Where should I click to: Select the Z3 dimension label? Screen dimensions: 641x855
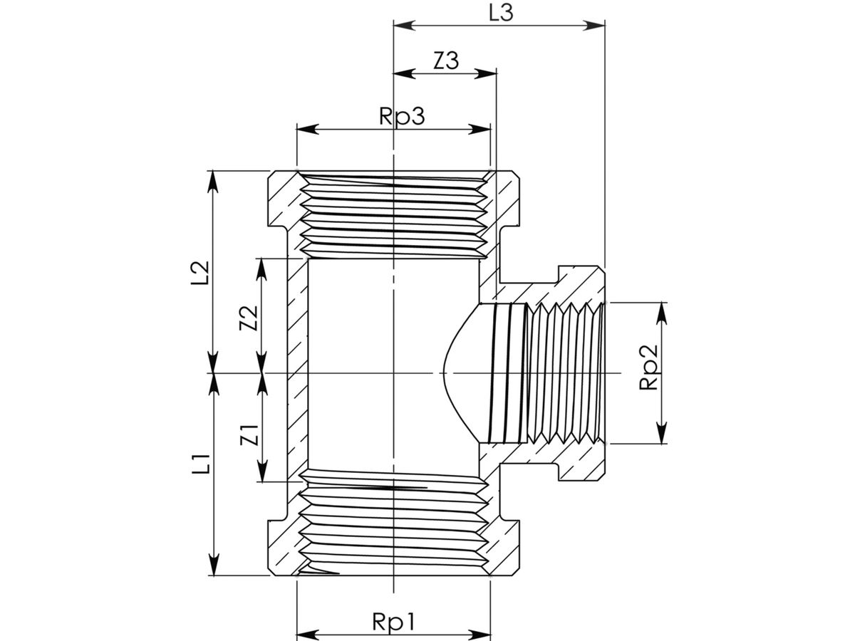pyautogui.click(x=446, y=61)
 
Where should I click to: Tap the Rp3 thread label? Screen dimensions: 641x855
pyautogui.click(x=402, y=116)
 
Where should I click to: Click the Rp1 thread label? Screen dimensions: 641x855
pyautogui.click(x=393, y=622)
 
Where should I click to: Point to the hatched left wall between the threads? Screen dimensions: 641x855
pyautogui.click(x=298, y=370)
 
